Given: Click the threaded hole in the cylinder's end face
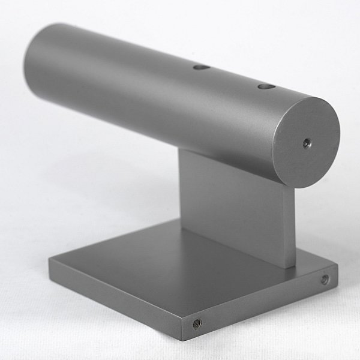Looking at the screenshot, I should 307,143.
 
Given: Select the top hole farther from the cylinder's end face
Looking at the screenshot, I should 201,67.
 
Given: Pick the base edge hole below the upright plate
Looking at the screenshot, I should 325,279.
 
